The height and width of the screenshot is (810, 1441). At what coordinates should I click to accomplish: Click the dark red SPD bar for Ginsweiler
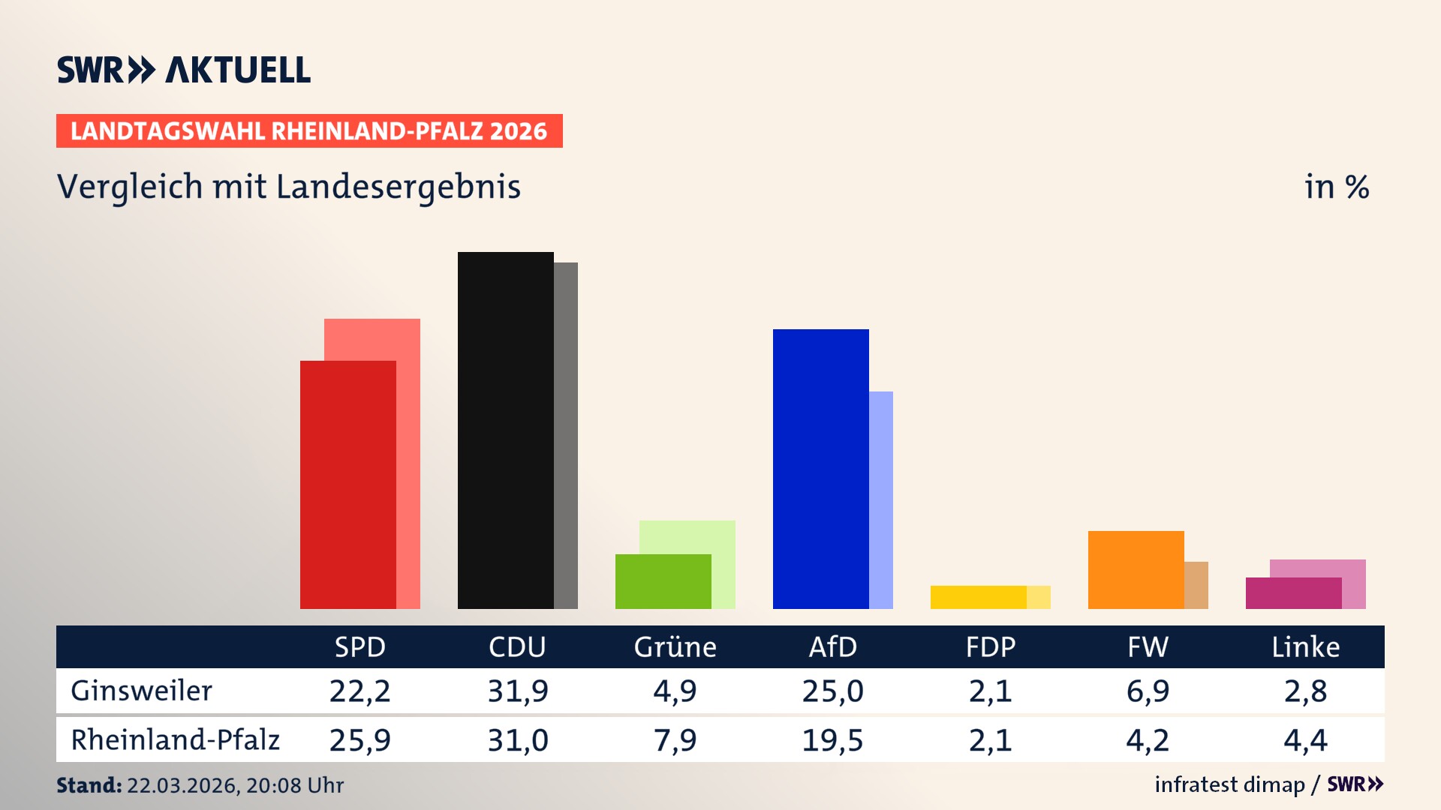(x=347, y=484)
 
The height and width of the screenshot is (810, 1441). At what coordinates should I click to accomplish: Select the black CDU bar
(x=505, y=430)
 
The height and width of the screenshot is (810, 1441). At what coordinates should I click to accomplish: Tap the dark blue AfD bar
(x=820, y=469)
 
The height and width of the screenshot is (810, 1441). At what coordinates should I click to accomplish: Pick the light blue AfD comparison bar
(x=881, y=499)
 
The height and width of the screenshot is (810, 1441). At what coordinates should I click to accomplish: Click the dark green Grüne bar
(x=663, y=581)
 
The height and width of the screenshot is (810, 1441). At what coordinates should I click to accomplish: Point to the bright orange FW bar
(x=1136, y=570)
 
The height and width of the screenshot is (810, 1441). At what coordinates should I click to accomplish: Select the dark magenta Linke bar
(x=1293, y=593)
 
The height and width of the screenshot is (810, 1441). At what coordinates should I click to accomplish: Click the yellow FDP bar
(x=978, y=597)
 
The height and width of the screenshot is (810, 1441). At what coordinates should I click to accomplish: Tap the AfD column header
(x=832, y=646)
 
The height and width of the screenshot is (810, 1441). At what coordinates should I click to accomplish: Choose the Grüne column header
(x=675, y=646)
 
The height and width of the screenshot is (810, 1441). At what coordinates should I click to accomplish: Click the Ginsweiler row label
(x=141, y=691)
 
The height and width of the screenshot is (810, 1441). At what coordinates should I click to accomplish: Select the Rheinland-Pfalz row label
(x=175, y=739)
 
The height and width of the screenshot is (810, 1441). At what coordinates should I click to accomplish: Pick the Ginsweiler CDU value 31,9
(x=518, y=691)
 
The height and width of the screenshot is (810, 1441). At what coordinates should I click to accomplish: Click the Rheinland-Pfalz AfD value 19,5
(x=832, y=740)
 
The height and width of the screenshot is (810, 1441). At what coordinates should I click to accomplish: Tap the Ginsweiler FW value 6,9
(x=1148, y=691)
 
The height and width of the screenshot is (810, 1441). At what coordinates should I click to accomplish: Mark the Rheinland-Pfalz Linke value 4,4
(x=1305, y=740)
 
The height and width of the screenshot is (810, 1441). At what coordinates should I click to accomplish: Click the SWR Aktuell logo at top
(x=184, y=70)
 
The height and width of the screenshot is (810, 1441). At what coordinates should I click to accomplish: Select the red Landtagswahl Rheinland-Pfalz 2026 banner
(x=309, y=130)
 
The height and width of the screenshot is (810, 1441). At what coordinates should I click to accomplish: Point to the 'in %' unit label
(x=1336, y=187)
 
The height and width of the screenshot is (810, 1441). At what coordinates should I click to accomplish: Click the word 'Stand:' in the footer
(x=89, y=785)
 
